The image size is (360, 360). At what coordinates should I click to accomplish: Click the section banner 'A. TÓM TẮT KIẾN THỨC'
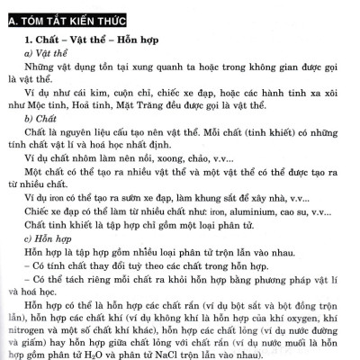pyautogui.click(x=68, y=18)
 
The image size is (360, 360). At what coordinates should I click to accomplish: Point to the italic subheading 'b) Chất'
pyautogui.click(x=40, y=118)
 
